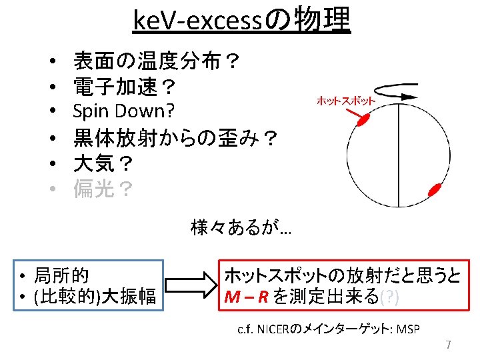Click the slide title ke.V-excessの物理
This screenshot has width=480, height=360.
point(241,21)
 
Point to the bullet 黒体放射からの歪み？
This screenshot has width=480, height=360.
point(176,139)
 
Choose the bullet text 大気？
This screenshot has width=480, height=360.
point(103,164)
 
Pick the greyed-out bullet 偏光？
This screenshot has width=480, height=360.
point(103,190)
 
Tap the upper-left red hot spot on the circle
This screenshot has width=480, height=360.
point(363,120)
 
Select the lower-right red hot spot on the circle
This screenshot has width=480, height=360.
point(436,189)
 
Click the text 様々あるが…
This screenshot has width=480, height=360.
point(240,229)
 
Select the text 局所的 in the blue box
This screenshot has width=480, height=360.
point(63,275)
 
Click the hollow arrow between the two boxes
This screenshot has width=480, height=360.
point(192,285)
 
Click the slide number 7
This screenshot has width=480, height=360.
point(448,345)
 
